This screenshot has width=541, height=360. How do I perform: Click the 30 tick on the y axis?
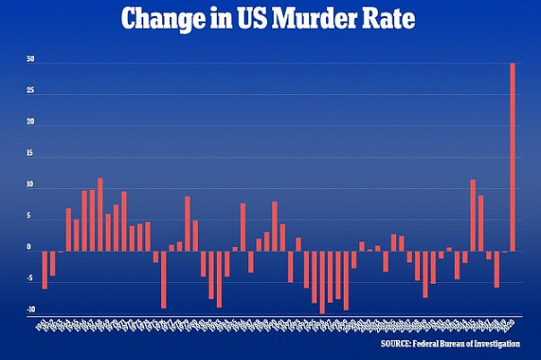tap(30, 61)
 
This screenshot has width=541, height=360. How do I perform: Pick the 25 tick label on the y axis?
tap(30, 92)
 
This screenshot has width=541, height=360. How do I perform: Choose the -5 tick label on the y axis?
tap(30, 279)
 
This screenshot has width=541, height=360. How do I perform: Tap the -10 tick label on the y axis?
tap(30, 311)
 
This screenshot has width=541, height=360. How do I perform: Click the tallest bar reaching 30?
tap(512, 157)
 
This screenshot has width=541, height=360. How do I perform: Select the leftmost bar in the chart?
tap(45, 270)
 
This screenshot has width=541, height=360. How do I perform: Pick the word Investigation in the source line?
tap(506, 343)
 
